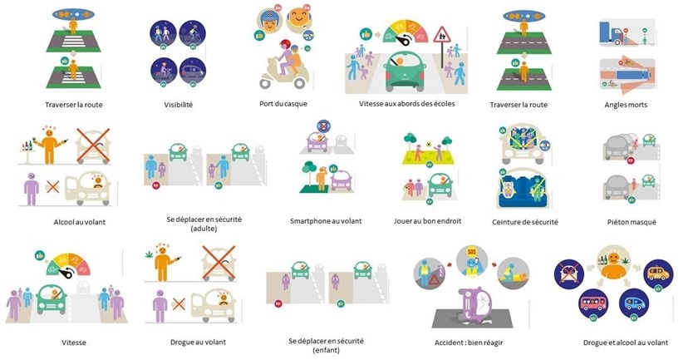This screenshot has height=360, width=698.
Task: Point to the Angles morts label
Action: (x=627, y=105)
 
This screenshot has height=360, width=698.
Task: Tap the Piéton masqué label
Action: (x=631, y=222)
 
